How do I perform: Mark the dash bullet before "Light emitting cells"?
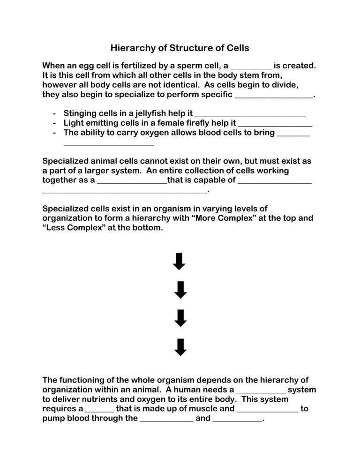click(x=55, y=123)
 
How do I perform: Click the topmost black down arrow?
click(x=180, y=262)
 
